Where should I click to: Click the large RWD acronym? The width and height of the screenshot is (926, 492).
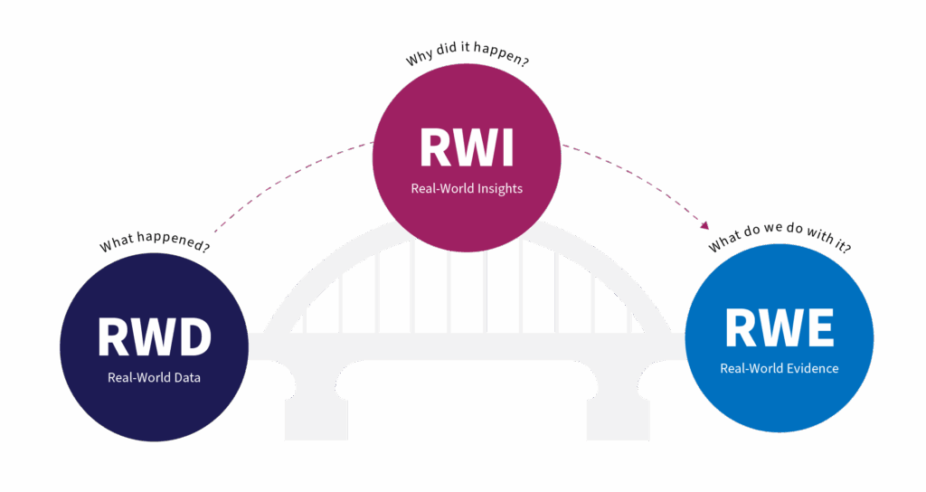154,336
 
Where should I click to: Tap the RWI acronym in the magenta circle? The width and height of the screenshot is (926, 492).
467,147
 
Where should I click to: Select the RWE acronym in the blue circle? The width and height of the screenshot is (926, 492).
779,327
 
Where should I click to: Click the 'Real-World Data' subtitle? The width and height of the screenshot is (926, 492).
154,377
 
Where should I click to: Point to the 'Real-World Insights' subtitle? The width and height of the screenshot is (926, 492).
467,188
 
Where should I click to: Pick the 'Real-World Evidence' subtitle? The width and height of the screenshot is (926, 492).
779,369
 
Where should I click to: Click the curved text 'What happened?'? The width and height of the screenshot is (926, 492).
154,242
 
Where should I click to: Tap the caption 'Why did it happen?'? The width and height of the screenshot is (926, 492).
467,53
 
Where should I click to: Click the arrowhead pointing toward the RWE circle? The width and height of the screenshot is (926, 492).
704,225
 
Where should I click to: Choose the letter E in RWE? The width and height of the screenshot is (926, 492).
818,327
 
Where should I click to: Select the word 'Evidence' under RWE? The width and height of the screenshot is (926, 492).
813,369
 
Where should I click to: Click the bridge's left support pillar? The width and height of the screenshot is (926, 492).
316,420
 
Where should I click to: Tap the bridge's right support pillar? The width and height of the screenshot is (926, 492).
619,420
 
